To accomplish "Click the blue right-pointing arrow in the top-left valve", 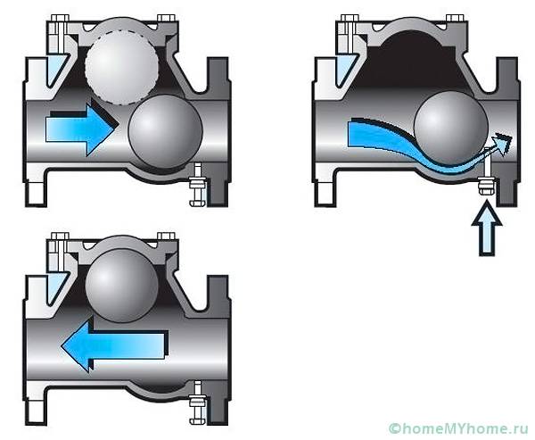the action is pos(80,129).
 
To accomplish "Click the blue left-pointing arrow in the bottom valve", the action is pos(115,345).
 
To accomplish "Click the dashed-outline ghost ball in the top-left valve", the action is pos(122,67).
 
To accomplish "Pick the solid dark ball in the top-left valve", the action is pos(166,131).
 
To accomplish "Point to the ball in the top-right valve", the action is pos(450,128).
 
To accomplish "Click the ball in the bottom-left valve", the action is pos(122,286).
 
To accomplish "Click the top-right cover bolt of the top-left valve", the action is pos(166,18).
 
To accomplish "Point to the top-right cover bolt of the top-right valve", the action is pos(455,18).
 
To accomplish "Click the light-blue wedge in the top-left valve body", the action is pos(55,70).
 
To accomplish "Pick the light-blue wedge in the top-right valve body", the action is pos(345,70).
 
